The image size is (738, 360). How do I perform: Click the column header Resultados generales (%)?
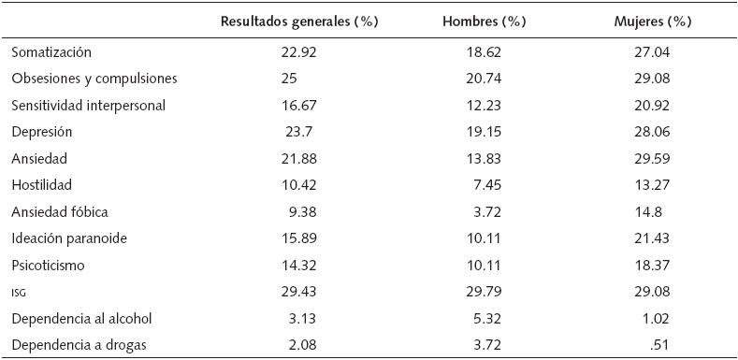(298, 22)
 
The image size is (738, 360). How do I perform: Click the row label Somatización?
(51, 53)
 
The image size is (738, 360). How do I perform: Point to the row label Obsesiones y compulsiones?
(94, 79)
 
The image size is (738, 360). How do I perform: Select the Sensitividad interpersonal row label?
(89, 106)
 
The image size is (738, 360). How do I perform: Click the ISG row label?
(20, 293)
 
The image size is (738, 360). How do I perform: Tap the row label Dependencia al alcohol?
(80, 319)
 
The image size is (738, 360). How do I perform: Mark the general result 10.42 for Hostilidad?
(299, 186)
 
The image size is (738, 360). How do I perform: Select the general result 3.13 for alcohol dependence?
(303, 319)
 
